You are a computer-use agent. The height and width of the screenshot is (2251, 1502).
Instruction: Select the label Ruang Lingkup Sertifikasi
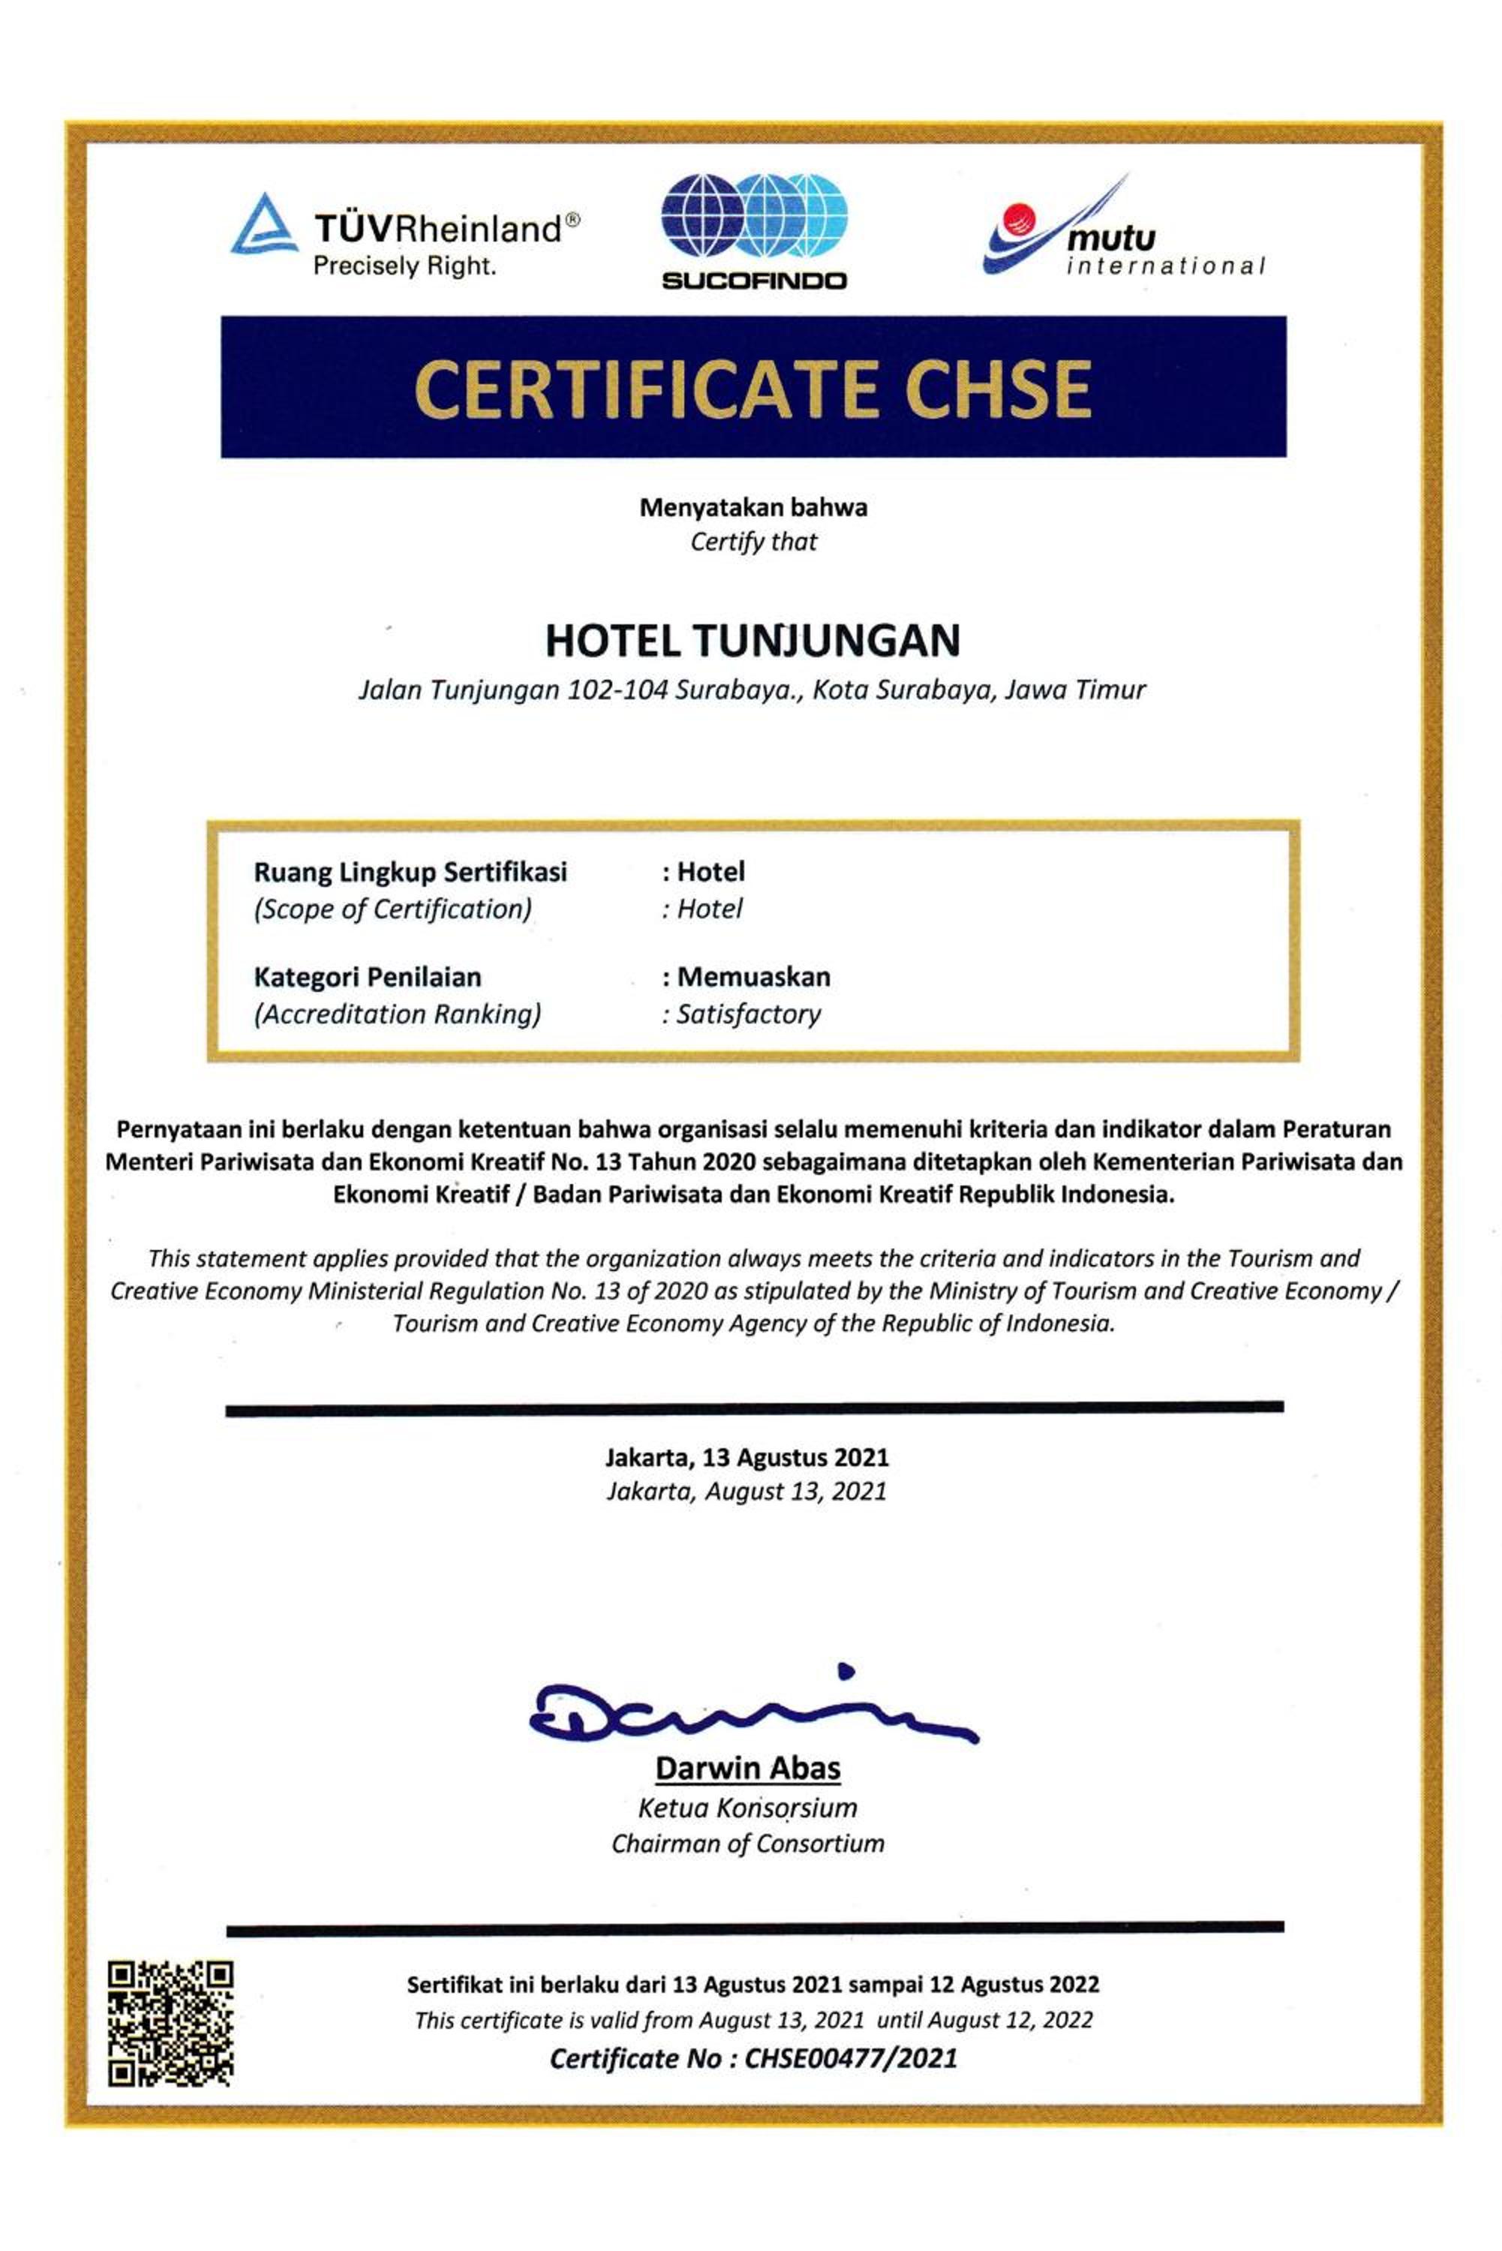(410, 872)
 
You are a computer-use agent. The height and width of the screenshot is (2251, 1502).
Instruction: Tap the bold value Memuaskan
(753, 977)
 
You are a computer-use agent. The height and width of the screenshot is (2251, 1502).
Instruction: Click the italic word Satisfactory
(748, 1014)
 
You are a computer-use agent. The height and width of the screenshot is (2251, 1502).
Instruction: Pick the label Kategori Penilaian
(367, 977)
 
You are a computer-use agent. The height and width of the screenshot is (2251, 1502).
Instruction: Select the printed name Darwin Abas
(747, 1769)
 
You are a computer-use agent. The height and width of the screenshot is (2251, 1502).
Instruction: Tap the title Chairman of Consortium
(747, 1843)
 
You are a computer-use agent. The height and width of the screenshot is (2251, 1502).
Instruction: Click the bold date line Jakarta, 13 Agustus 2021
(747, 1457)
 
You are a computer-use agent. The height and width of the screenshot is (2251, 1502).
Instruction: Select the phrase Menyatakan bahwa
(753, 508)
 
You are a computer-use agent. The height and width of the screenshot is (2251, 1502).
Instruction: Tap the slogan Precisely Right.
(404, 267)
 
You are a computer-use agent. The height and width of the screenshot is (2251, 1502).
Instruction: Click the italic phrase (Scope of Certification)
(392, 908)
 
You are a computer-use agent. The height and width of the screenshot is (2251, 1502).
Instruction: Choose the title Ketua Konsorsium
(747, 1808)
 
